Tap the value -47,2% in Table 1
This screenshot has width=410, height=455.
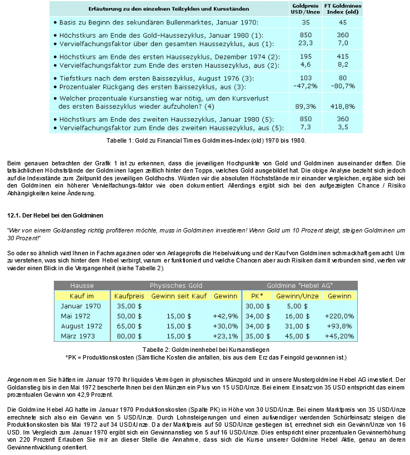305,86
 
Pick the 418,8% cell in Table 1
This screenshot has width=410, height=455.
342,106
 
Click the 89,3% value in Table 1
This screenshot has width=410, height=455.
306,106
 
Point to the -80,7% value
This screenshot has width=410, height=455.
342,86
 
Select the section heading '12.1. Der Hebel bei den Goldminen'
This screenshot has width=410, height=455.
54,215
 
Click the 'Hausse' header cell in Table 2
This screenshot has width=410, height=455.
82,285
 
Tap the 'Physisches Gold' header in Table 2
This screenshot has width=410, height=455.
176,285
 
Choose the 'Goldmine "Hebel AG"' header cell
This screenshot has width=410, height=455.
301,285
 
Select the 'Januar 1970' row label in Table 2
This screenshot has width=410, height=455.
81,306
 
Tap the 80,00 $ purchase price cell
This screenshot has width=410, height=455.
128,336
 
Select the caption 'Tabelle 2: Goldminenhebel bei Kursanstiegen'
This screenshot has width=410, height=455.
206,350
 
